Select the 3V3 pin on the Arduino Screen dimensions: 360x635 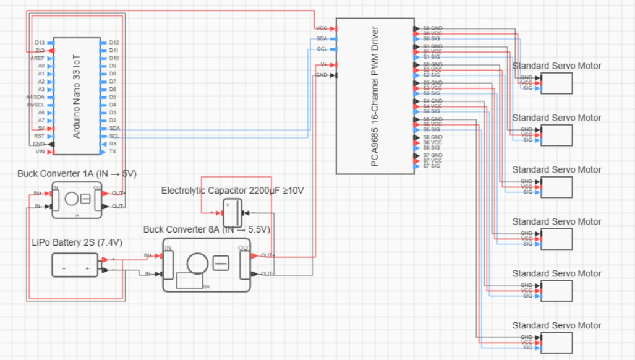(x=40, y=50)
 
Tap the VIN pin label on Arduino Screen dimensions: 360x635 (x=40, y=152)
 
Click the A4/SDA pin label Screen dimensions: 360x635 (x=35, y=97)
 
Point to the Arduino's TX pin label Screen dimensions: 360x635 (x=113, y=152)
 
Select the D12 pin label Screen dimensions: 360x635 (x=114, y=42)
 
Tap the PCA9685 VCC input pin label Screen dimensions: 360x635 (x=322, y=28)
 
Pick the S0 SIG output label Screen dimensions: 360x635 (x=432, y=39)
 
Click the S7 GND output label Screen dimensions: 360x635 (x=432, y=155)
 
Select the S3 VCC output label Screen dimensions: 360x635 (x=432, y=88)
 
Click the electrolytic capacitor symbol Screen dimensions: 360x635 (x=232, y=213)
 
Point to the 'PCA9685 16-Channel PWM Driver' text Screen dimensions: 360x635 (x=375, y=96)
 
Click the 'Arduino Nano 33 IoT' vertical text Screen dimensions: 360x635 (x=77, y=96)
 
